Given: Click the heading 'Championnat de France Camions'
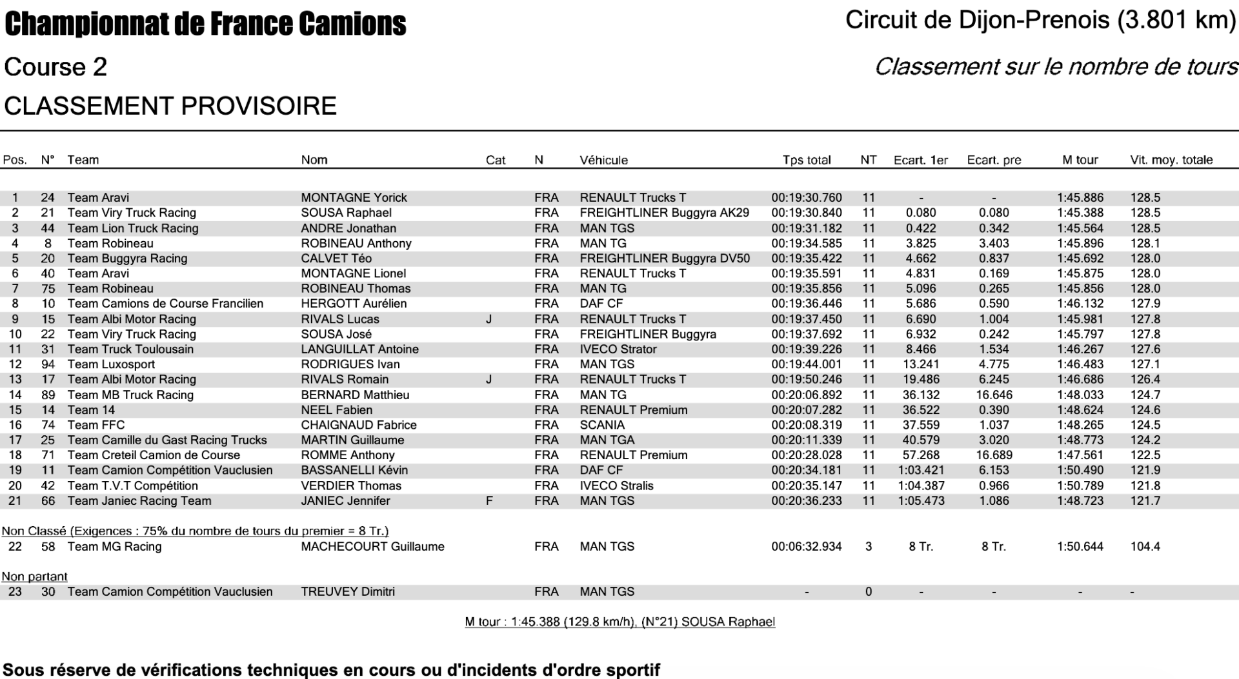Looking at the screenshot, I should point(205,25).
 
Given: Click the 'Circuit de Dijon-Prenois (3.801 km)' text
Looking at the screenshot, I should point(1040,21).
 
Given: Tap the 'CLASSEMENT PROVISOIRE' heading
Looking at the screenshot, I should point(170,106).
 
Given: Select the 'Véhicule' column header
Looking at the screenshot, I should point(603,160).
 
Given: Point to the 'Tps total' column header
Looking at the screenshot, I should point(807,160).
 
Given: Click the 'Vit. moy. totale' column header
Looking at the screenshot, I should point(1171,160).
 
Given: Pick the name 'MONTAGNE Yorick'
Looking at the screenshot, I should point(354,198).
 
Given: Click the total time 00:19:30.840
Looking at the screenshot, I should point(807,213).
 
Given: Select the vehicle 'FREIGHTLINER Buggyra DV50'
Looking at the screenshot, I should point(665,259).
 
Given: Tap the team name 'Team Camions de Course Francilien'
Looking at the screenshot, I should point(165,304).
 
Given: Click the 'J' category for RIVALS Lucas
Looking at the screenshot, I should point(489,319).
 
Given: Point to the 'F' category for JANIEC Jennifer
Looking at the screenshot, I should point(489,501).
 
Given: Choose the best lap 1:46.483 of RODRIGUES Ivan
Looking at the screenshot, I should point(1080,364).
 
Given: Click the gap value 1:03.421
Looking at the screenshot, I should point(921,471).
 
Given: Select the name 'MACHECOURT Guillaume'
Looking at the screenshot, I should point(372,547).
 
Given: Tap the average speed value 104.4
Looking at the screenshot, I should point(1145,547).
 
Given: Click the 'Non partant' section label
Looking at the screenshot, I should point(35,576).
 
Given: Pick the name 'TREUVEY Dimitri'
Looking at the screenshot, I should point(348,592).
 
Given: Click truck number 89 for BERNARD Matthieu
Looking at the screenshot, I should point(48,395).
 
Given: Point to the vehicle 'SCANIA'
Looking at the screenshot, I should point(602,425).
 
